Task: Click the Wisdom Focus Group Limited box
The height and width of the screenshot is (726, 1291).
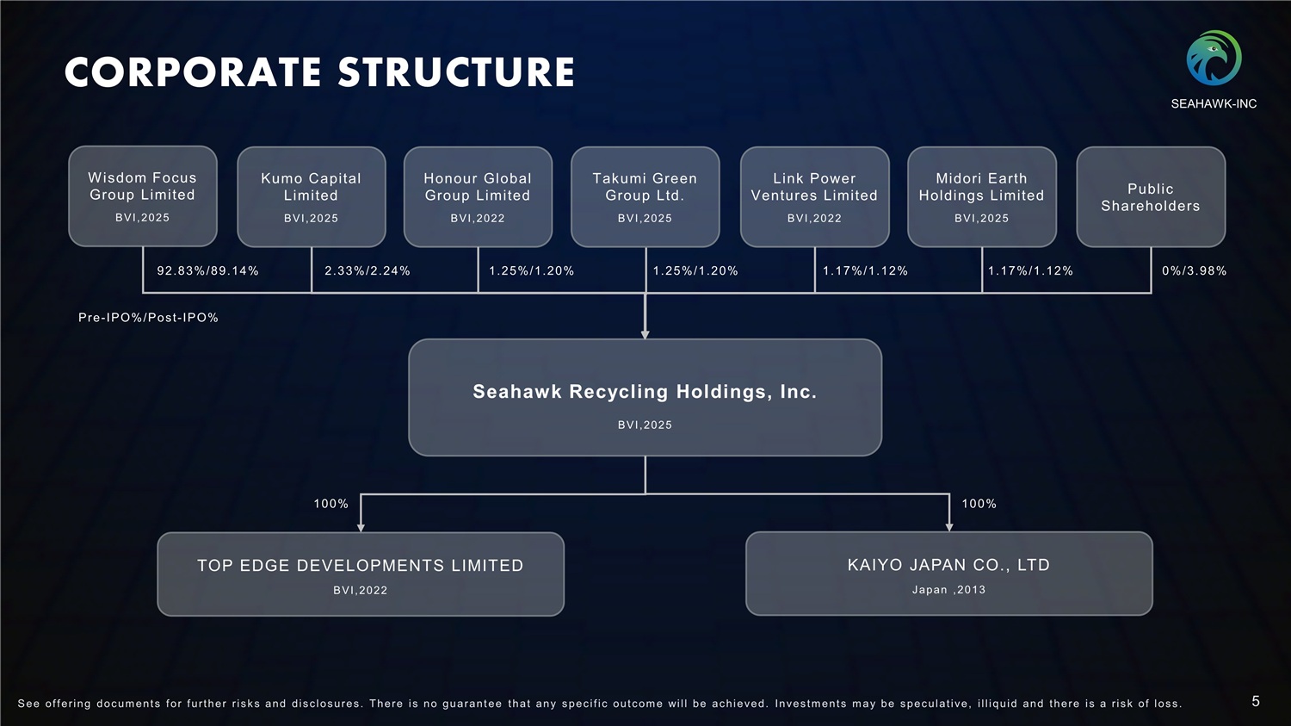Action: pyautogui.click(x=143, y=196)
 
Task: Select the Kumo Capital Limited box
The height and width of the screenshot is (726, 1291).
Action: pyautogui.click(x=311, y=196)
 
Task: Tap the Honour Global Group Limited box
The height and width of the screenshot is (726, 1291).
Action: pyautogui.click(x=478, y=196)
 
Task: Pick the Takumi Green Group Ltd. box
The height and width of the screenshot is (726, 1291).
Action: pyautogui.click(x=645, y=196)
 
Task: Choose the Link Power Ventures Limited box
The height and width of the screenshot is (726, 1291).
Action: pyautogui.click(x=814, y=196)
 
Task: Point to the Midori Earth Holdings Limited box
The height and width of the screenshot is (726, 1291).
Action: pyautogui.click(x=981, y=196)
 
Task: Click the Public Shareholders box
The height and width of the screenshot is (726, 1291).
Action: pyautogui.click(x=1151, y=197)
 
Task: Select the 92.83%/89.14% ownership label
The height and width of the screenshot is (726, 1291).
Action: pyautogui.click(x=207, y=270)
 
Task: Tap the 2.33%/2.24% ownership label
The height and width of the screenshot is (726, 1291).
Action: pyautogui.click(x=368, y=270)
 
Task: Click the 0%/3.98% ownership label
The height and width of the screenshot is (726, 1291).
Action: pyautogui.click(x=1194, y=270)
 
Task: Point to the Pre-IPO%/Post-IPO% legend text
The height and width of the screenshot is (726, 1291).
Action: pyautogui.click(x=148, y=318)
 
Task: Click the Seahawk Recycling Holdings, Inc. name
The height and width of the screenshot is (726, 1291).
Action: pyautogui.click(x=645, y=392)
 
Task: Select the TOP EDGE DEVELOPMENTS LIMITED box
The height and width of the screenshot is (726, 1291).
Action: pyautogui.click(x=361, y=574)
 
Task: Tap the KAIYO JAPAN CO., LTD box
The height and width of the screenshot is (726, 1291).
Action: pyautogui.click(x=948, y=573)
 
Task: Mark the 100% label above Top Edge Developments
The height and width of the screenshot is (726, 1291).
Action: pyautogui.click(x=330, y=504)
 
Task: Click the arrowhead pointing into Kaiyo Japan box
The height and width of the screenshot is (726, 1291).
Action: pyautogui.click(x=949, y=526)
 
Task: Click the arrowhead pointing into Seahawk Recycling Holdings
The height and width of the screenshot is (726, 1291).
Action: pyautogui.click(x=645, y=334)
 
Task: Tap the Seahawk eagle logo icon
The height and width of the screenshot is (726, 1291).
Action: pyautogui.click(x=1214, y=59)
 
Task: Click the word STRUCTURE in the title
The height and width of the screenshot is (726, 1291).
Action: pyautogui.click(x=456, y=72)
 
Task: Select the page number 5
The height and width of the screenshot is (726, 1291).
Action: pyautogui.click(x=1256, y=702)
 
